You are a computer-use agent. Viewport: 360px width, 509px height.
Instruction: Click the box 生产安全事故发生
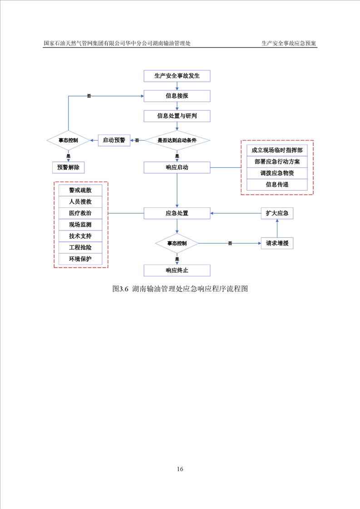tap(177, 76)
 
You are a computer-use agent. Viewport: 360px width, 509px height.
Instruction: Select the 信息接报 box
tap(177, 96)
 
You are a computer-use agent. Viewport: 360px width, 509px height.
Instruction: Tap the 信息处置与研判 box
tap(177, 116)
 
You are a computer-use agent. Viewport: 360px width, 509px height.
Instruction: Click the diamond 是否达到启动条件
tap(177, 141)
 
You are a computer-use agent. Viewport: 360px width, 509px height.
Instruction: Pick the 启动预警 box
tap(114, 140)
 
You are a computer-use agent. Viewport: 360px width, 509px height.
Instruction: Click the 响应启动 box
tap(177, 167)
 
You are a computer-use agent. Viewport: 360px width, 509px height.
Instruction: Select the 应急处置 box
tap(177, 213)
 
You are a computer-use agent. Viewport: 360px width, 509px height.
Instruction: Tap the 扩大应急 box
tap(277, 213)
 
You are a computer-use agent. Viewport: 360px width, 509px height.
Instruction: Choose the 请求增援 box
tap(277, 244)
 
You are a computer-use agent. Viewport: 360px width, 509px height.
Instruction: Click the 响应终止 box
tap(177, 271)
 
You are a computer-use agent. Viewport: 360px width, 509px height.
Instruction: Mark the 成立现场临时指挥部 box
tap(277, 150)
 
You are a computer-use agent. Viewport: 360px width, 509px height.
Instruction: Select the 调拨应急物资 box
tap(277, 173)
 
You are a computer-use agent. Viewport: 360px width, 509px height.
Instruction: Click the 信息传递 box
tap(277, 185)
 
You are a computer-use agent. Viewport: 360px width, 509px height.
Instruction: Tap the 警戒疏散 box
tap(80, 190)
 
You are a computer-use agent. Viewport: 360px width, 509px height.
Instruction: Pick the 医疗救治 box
tap(80, 213)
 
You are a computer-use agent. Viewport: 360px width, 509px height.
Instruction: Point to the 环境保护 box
tap(80, 259)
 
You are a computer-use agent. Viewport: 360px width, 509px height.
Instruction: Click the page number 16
tap(180, 469)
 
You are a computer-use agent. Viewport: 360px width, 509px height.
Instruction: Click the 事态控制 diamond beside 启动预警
tap(68, 141)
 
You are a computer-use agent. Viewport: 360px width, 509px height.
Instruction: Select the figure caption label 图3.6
tap(121, 289)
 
